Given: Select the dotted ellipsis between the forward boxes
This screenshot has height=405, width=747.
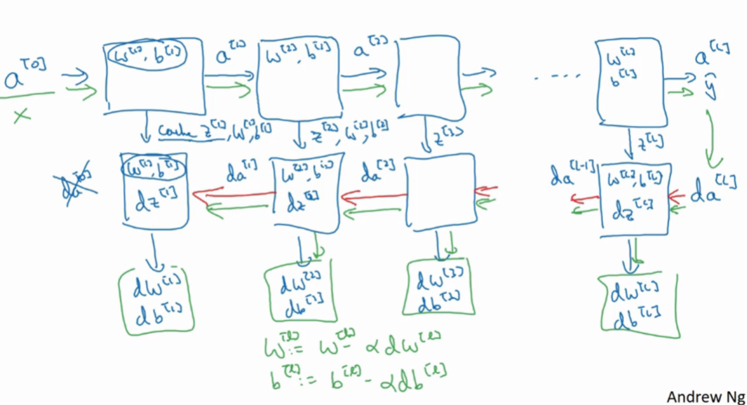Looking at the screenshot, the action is pyautogui.click(x=555, y=78).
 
